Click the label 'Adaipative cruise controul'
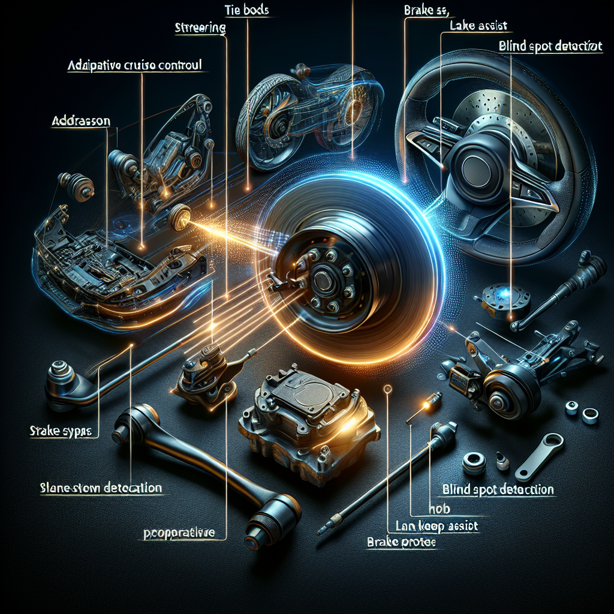tap(136, 67)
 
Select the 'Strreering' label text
tap(200, 28)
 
